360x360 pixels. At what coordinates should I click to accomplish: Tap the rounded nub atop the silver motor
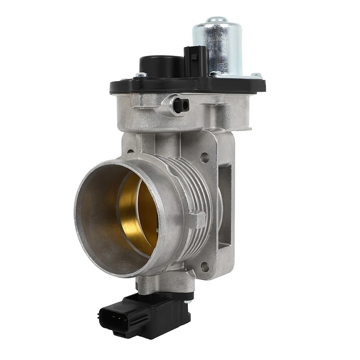click(x=217, y=19)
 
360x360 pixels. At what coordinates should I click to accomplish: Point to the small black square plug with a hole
click(x=181, y=105)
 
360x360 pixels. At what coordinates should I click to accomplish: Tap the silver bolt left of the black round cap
click(x=141, y=75)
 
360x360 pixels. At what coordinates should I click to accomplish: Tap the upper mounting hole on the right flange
click(x=205, y=157)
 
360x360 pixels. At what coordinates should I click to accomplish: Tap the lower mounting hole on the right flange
click(x=204, y=267)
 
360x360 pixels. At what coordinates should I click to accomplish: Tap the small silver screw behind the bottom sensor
click(x=189, y=298)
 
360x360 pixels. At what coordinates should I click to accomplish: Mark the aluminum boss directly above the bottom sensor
click(x=165, y=281)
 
